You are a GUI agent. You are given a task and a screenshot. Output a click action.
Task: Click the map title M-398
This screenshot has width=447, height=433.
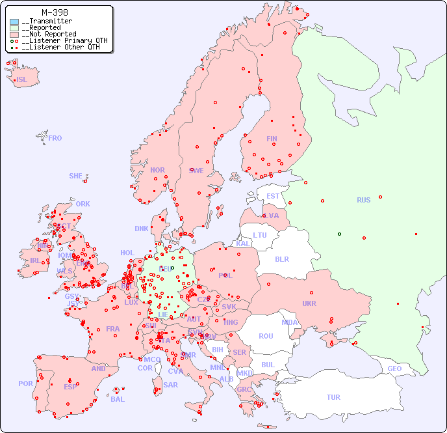pyautogui.click(x=56, y=12)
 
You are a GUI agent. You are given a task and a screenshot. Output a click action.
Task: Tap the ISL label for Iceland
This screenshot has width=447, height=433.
pyautogui.click(x=22, y=80)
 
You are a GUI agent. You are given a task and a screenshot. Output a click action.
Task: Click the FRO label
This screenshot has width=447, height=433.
pyautogui.click(x=55, y=138)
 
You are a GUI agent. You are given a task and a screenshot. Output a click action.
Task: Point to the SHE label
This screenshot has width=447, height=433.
pyautogui.click(x=76, y=176)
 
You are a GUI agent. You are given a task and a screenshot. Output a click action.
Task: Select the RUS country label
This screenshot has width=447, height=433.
pyautogui.click(x=363, y=200)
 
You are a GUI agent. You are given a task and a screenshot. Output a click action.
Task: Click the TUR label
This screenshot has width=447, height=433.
pyautogui.click(x=333, y=397)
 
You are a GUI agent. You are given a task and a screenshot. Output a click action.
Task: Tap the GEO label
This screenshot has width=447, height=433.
pyautogui.click(x=394, y=369)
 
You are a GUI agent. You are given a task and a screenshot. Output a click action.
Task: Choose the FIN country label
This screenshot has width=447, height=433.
pyautogui.click(x=272, y=139)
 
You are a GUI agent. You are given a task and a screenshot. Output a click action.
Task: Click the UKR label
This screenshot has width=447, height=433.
pyautogui.click(x=309, y=303)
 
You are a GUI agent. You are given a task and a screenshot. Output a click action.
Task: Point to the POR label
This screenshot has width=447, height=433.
pyautogui.click(x=25, y=384)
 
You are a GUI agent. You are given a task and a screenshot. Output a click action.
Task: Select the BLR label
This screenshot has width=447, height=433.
pyautogui.click(x=282, y=258)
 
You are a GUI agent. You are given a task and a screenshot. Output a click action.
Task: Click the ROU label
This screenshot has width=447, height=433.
pyautogui.click(x=266, y=336)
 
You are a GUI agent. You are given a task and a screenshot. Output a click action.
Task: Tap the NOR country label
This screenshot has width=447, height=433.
pyautogui.click(x=157, y=170)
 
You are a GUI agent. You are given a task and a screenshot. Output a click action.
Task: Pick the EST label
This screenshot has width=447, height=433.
pyautogui.click(x=273, y=196)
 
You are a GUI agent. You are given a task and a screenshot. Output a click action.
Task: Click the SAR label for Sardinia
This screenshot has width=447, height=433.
pyautogui.click(x=170, y=385)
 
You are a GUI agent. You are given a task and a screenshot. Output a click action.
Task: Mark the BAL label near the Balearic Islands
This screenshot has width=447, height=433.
pyautogui.click(x=117, y=399)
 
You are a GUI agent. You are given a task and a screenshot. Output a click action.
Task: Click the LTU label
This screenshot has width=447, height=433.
pyautogui.click(x=260, y=235)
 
